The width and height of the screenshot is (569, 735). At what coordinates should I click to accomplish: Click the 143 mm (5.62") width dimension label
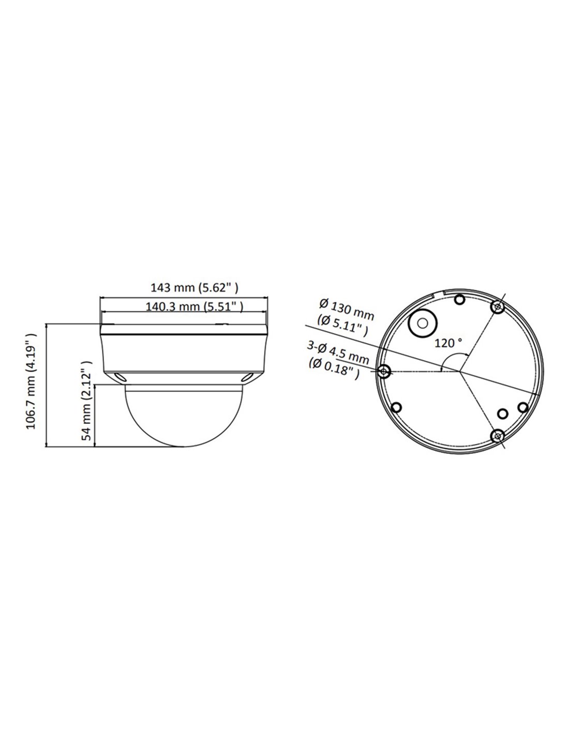click(194, 288)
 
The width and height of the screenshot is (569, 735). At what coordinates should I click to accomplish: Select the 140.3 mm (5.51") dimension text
click(194, 307)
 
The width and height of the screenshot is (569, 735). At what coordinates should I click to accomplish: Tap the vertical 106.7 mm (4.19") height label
click(32, 381)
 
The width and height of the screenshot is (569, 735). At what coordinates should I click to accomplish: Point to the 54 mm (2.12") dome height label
click(87, 401)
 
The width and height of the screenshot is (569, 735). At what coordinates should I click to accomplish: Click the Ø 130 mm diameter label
click(346, 310)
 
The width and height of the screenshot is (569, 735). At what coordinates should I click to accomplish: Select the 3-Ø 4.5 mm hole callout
click(337, 353)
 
